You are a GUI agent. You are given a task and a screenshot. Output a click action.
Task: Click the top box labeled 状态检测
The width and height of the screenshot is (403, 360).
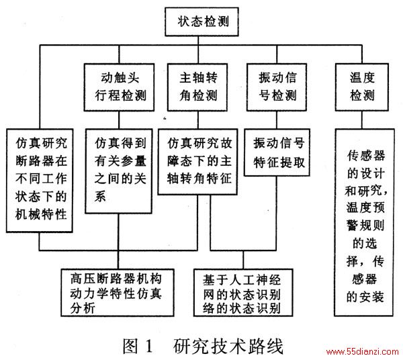click(201, 21)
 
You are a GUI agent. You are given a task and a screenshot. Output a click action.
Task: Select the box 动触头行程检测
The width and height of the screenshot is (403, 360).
click(119, 87)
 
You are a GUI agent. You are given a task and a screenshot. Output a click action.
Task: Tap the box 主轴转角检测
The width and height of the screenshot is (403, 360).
click(197, 87)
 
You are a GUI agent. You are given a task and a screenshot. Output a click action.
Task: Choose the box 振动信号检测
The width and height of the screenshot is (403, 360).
click(277, 87)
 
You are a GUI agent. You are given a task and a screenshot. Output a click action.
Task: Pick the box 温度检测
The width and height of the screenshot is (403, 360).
click(362, 87)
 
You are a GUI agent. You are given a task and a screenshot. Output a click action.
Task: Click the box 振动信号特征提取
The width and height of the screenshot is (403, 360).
click(277, 152)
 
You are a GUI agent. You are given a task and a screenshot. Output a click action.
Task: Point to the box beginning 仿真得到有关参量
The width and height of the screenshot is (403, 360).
click(119, 171)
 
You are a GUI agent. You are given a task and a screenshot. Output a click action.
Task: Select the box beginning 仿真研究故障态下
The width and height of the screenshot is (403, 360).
click(197, 162)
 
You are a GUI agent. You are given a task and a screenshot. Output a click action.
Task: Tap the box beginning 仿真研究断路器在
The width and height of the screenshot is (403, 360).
click(40, 181)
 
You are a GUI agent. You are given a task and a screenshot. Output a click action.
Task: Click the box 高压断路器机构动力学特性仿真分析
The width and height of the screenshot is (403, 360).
click(118, 293)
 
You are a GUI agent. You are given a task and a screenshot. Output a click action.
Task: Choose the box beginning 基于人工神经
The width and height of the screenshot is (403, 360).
click(243, 293)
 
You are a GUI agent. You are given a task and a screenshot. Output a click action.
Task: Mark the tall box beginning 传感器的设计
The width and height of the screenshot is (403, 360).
click(364, 222)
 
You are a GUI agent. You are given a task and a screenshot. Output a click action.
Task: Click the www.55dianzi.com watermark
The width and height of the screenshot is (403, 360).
click(363, 351)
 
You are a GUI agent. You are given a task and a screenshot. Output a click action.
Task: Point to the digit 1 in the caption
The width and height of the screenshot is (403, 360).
click(149, 346)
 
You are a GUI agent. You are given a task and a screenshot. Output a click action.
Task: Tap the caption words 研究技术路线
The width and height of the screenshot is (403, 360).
click(228, 346)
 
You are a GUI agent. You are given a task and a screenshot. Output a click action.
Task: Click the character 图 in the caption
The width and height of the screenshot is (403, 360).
click(130, 346)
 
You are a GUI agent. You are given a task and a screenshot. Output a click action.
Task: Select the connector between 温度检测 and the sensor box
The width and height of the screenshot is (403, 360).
click(362, 120)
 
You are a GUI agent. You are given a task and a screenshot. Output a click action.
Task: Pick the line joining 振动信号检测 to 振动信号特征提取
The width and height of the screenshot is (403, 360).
click(277, 120)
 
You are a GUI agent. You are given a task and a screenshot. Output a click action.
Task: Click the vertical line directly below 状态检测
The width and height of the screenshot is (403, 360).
click(198, 40)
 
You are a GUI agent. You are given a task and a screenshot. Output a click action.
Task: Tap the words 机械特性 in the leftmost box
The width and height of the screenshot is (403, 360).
click(41, 214)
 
